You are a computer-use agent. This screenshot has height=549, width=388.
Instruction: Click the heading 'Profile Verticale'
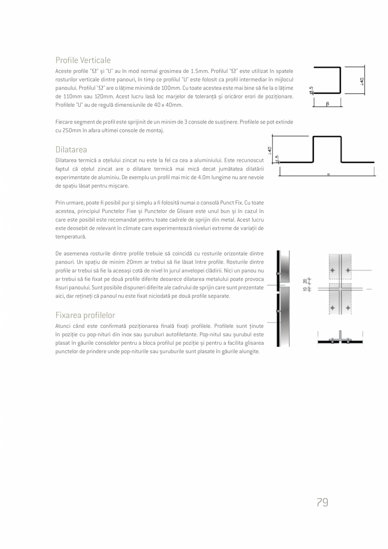pos(83,60)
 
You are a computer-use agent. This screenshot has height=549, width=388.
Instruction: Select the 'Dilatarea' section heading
pos(71,150)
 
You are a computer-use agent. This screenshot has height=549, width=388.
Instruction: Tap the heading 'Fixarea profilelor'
pos(85,315)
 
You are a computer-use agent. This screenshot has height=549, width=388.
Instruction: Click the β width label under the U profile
pos(327,104)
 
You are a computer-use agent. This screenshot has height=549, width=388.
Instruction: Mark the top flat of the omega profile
pos(327,137)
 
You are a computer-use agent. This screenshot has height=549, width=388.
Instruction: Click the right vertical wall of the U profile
pos(340,80)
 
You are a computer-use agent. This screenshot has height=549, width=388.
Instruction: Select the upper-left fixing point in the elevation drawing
pos(333,270)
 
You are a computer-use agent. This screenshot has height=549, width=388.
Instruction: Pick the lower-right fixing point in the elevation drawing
pos(348,308)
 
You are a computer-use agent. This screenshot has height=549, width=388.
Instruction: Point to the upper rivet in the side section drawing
pos(278,273)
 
